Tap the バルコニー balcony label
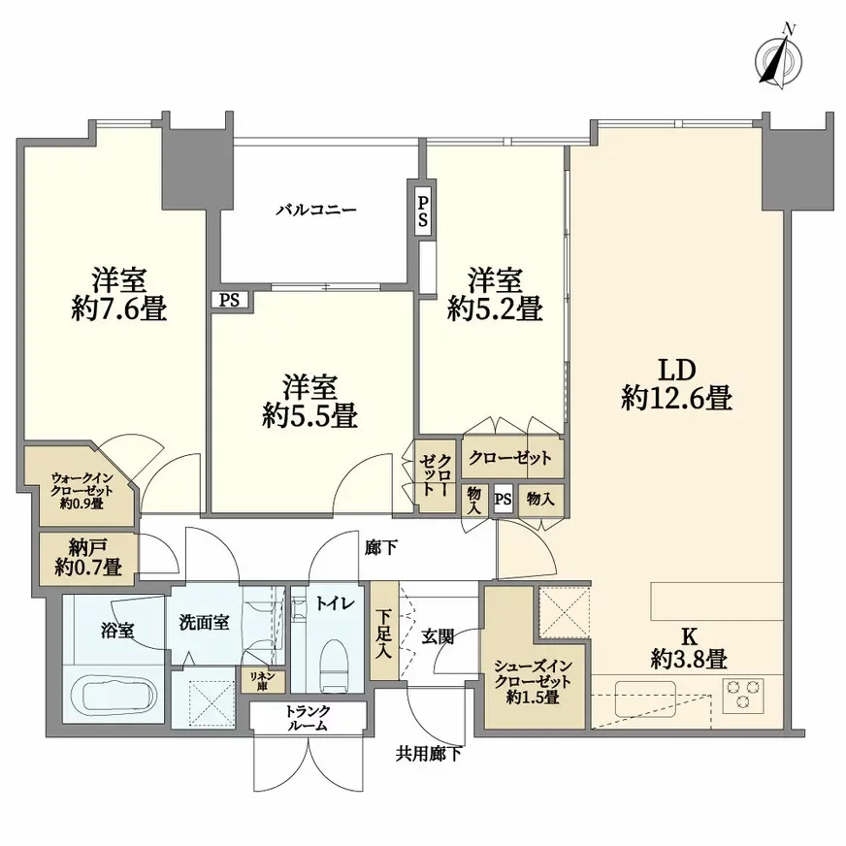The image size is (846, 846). point(316,209)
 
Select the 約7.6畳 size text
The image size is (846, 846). point(119,309)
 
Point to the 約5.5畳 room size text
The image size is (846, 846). point(309,416)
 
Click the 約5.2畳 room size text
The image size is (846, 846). point(494,309)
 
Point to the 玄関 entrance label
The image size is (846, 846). point(439,635)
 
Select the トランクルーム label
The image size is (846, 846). point(307,718)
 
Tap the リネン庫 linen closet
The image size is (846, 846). point(263,680)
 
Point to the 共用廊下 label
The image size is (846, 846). point(428,752)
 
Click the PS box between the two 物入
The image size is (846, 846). point(503,500)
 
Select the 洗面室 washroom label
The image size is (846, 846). point(204,622)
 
